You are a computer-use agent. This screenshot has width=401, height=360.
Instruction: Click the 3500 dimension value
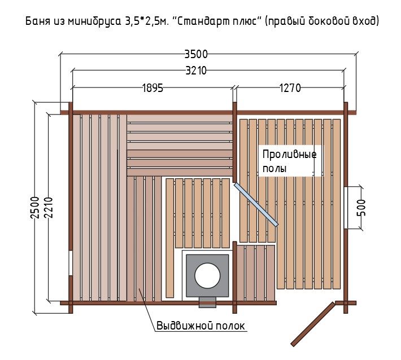(196, 54)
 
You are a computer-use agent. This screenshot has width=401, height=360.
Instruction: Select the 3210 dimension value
(196, 71)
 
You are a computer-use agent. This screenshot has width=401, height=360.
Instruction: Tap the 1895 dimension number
(152, 88)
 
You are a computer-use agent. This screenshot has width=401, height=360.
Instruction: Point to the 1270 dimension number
(290, 88)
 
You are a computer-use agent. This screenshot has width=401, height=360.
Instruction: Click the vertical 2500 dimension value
(35, 208)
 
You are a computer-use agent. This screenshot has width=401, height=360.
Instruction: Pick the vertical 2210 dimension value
(49, 208)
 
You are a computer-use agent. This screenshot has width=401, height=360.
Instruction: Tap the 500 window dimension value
(361, 208)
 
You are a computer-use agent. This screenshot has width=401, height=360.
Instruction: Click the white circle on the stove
(207, 275)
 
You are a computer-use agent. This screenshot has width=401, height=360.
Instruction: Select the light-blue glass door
(256, 204)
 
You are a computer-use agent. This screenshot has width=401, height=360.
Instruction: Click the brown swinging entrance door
(313, 324)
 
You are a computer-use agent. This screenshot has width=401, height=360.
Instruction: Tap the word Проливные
(290, 155)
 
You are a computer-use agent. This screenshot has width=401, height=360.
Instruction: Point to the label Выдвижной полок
(200, 326)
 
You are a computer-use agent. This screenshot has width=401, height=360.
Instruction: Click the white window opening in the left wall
(71, 263)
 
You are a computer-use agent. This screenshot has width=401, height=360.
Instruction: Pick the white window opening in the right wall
(346, 208)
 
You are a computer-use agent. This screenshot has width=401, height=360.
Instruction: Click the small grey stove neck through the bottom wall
(207, 302)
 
